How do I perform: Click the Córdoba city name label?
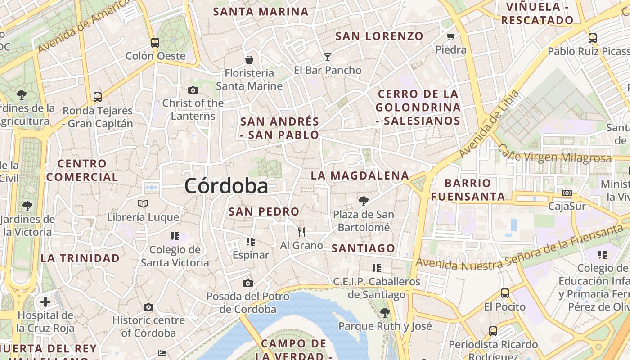point(226,186)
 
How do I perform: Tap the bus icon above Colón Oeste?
point(155,43)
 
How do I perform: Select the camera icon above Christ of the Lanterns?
point(193,90)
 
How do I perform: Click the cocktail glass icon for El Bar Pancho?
point(328,57)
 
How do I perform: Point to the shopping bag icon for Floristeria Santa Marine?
point(249,59)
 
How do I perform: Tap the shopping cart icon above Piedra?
point(451,36)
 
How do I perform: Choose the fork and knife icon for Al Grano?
point(301,232)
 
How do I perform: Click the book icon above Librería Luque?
point(143,204)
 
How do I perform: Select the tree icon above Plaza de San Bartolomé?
point(364,201)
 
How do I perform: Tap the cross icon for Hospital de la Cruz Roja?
point(45,301)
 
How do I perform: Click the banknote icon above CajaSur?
point(567,193)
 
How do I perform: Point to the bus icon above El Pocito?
point(505,293)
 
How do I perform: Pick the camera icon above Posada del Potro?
point(248,283)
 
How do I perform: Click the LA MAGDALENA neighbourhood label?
point(360,175)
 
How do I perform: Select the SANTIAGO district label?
point(363,248)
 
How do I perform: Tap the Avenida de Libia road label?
point(490,124)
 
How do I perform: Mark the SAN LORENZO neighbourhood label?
point(379,36)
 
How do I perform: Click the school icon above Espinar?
point(251,242)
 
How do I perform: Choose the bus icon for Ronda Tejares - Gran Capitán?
point(98,97)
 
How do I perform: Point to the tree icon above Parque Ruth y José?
point(385,312)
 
